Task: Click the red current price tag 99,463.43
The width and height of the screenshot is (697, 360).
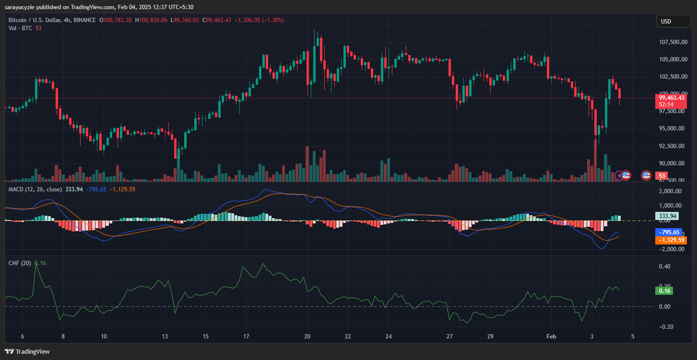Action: (x=672, y=98)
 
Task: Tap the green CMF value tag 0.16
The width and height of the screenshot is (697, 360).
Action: (x=665, y=290)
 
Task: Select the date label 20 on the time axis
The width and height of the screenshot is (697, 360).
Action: (x=307, y=336)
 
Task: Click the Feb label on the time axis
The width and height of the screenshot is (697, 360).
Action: (x=551, y=336)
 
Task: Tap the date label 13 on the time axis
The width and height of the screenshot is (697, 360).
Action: (x=165, y=336)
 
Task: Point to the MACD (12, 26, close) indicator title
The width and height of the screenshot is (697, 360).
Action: (x=35, y=189)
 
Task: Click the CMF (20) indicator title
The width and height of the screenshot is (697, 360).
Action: (x=20, y=263)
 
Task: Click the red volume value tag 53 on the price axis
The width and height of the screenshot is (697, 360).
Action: (x=661, y=176)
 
